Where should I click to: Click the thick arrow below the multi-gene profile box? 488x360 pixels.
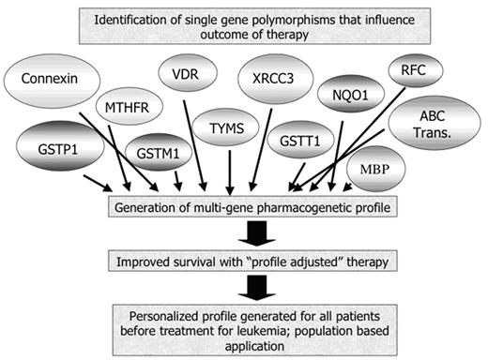click(x=244, y=231)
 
